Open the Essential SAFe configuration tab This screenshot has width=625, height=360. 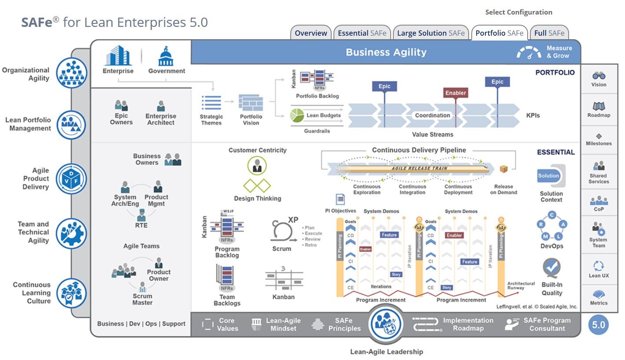pyautogui.click(x=362, y=33)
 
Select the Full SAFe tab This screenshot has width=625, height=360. pyautogui.click(x=549, y=33)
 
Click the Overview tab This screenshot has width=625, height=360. pyautogui.click(x=311, y=33)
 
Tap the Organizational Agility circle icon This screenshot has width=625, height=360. pyautogui.click(x=71, y=73)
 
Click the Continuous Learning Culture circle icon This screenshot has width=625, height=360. pyautogui.click(x=71, y=293)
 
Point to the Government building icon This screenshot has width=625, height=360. pyautogui.click(x=166, y=57)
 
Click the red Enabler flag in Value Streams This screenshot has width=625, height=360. pyautogui.click(x=455, y=93)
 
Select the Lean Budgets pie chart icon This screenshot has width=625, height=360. pyautogui.click(x=297, y=115)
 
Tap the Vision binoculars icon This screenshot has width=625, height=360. pyautogui.click(x=599, y=76)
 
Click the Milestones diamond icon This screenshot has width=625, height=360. pyautogui.click(x=599, y=136)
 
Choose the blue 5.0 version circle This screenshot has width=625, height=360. pyautogui.click(x=598, y=325)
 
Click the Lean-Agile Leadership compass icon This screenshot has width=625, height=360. pyautogui.click(x=386, y=324)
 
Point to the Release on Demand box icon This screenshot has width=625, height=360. pyautogui.click(x=503, y=169)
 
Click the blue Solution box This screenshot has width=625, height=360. pyautogui.click(x=548, y=176)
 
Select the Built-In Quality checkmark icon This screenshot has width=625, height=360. pyautogui.click(x=551, y=267)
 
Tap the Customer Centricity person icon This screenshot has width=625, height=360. pyautogui.click(x=257, y=167)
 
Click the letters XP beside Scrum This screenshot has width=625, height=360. pyautogui.click(x=293, y=220)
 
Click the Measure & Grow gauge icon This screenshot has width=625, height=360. pyautogui.click(x=529, y=53)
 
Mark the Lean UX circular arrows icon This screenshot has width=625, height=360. pyautogui.click(x=599, y=266)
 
